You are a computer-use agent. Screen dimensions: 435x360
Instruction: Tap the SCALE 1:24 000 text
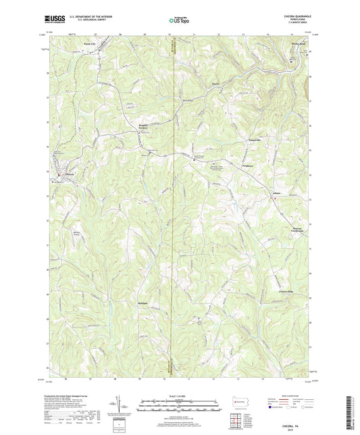tap(178, 394)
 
